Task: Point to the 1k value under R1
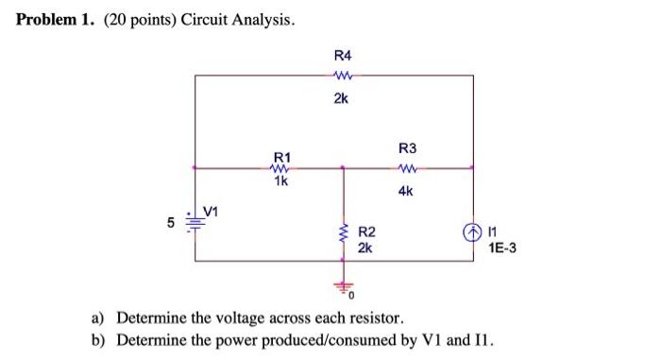[x=281, y=180]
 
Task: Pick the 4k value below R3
[x=406, y=191]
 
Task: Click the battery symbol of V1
[x=195, y=224]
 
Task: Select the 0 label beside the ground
[x=350, y=297]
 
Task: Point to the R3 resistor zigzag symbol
[x=407, y=170]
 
